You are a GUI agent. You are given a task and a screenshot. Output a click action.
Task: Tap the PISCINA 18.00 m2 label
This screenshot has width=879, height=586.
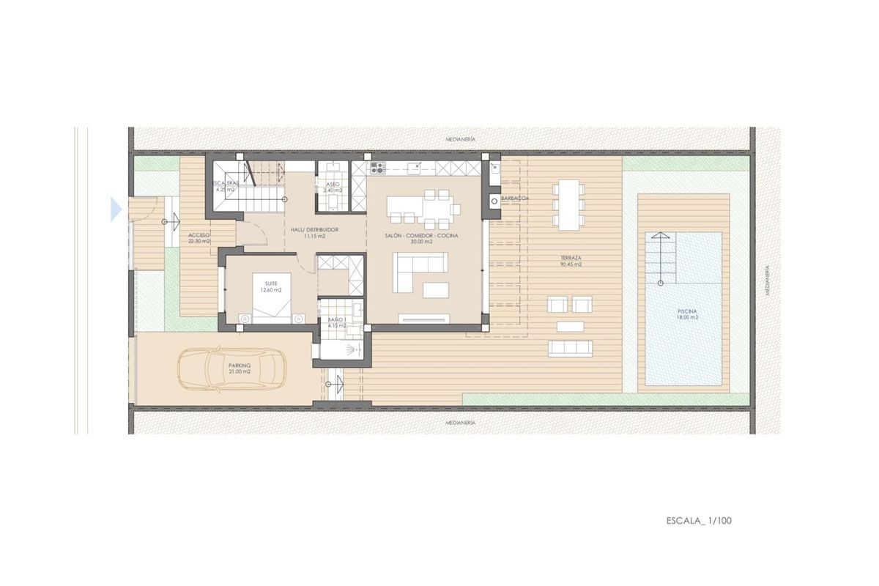click(687, 314)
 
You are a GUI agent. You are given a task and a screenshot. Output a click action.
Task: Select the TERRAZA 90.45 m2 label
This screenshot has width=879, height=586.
click(571, 261)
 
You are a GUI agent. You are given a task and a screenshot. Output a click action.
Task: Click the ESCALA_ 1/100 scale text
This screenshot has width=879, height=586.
click(699, 521)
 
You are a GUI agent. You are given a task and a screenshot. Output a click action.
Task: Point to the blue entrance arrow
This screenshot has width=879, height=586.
click(116, 209)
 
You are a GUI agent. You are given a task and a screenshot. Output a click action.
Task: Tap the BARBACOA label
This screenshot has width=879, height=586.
click(516, 199)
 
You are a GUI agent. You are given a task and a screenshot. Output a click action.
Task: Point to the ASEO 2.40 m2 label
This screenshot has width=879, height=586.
click(333, 188)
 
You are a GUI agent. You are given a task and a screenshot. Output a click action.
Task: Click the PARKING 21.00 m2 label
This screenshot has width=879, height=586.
click(240, 368)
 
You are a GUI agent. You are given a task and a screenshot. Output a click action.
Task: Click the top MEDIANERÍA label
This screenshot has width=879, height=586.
click(462, 138)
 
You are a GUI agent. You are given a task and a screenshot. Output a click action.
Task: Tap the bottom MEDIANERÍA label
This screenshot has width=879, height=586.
click(462, 423)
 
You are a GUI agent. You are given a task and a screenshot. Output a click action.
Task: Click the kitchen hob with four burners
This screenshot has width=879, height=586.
click(377, 168)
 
